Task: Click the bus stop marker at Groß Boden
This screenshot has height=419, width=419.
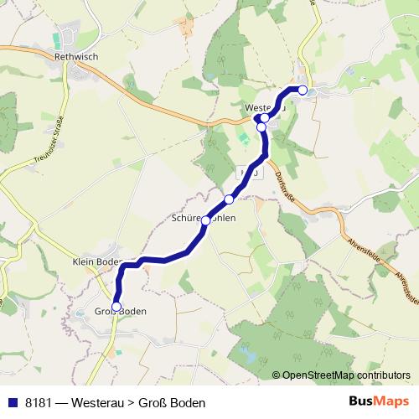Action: point(116,306)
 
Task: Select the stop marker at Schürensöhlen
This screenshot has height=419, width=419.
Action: point(205,220)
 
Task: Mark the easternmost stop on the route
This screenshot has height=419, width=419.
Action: point(303,90)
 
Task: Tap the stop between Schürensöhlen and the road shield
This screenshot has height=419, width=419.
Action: point(229,199)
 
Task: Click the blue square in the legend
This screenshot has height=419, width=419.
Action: point(13,402)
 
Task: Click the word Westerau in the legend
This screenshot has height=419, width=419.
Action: point(96,402)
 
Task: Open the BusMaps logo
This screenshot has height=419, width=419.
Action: point(378,402)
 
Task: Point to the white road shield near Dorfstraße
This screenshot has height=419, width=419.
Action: point(246,170)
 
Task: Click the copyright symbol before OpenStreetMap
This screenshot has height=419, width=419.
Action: point(276,375)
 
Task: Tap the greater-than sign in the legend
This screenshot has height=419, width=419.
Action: point(130,402)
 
